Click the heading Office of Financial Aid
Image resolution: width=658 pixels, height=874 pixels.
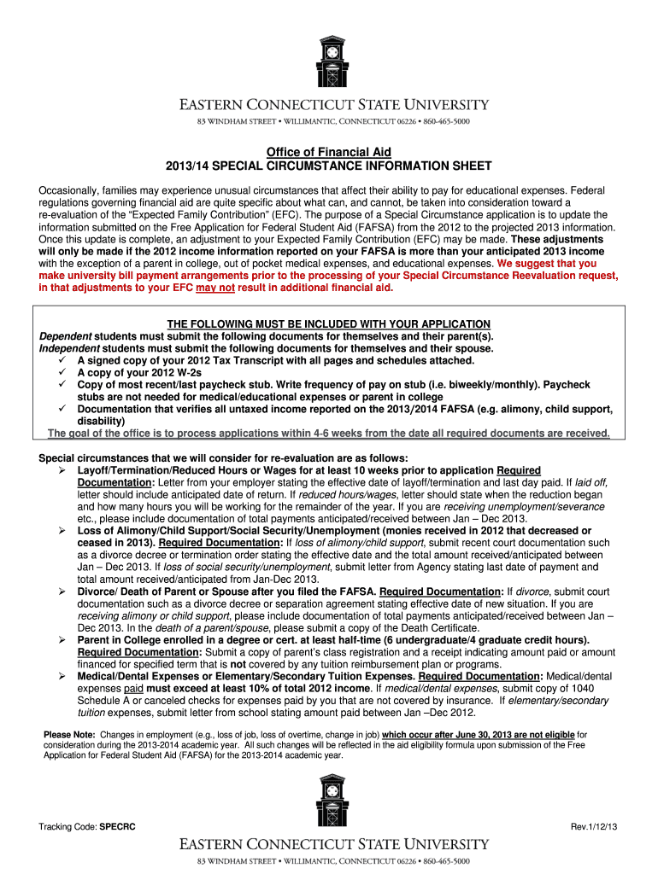coord(328,152)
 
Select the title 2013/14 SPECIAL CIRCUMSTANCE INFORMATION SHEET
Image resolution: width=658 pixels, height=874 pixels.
coord(328,165)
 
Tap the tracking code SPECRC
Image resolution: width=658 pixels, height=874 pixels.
coord(117,827)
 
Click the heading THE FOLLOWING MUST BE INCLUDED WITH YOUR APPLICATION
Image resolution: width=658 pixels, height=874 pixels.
coord(328,324)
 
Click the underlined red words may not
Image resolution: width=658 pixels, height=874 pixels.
coord(215,288)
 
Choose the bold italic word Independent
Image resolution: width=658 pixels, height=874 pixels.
coord(69,348)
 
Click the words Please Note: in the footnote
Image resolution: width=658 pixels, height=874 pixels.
coord(69,735)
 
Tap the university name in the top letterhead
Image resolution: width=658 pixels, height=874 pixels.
coord(333,105)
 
